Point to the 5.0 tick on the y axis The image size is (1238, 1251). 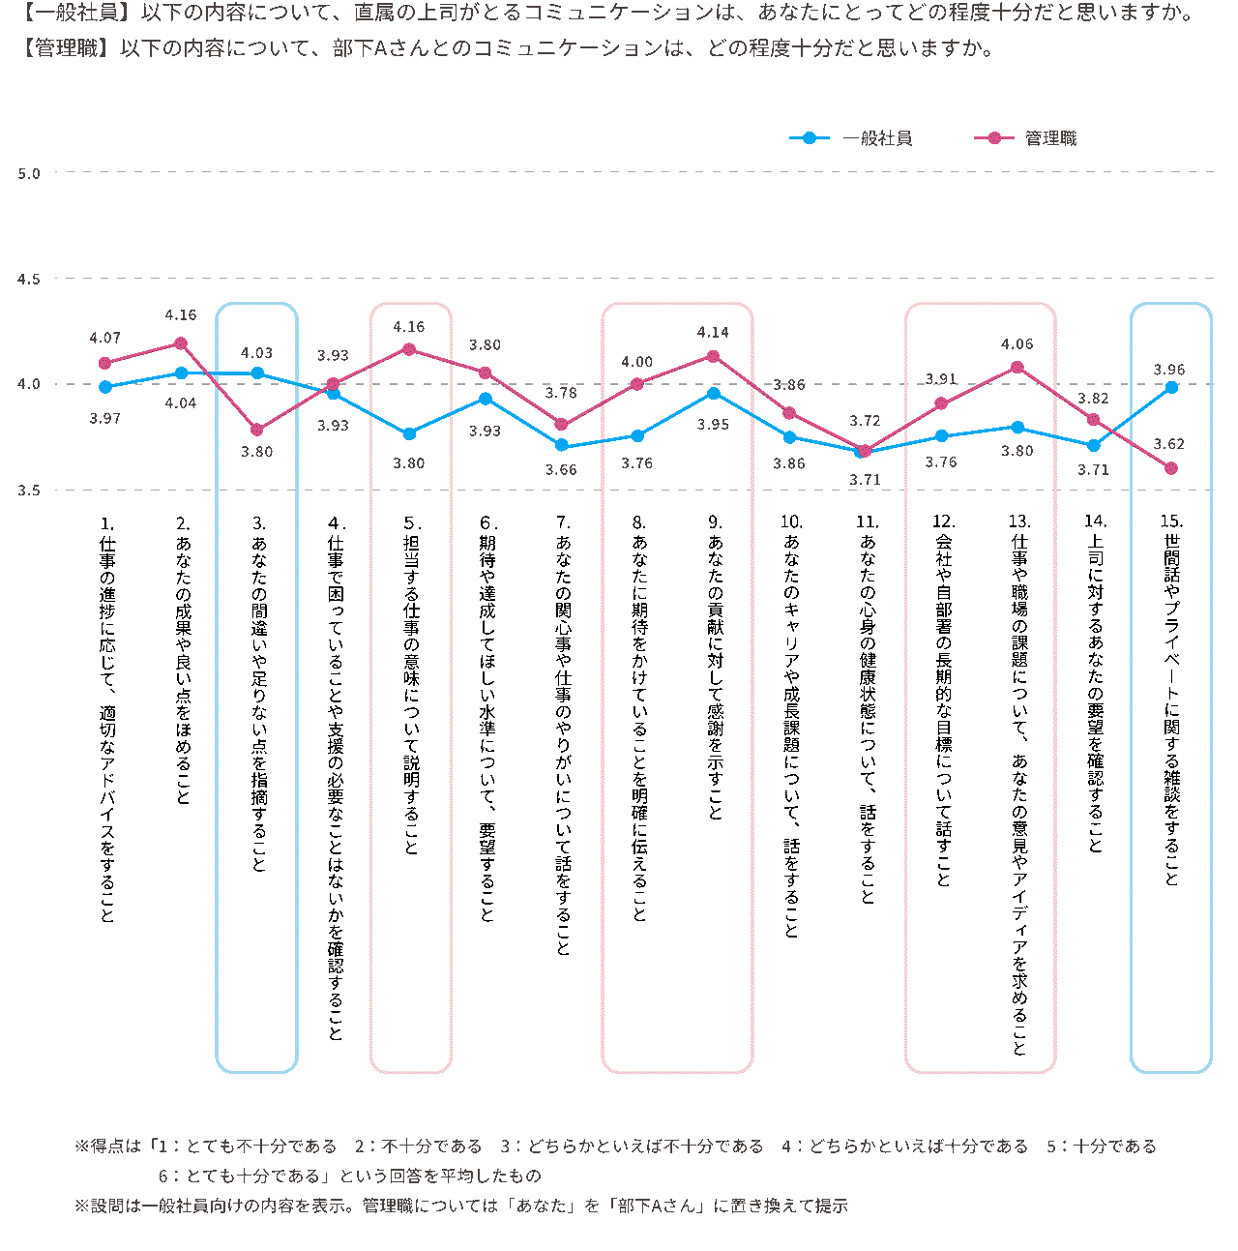(x=29, y=174)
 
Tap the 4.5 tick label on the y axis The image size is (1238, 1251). (x=29, y=280)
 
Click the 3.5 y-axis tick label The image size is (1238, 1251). (x=29, y=491)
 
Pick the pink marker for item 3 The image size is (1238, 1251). (x=257, y=430)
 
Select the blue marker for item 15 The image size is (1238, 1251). (x=1171, y=387)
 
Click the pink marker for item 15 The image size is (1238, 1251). (x=1171, y=468)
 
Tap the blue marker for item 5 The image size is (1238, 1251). (x=409, y=434)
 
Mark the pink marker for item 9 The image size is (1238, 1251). (x=714, y=356)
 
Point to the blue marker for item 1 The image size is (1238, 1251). (x=105, y=387)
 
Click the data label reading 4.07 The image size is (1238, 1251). (x=104, y=338)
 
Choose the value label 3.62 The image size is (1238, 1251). (x=1168, y=444)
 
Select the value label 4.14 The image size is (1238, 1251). (x=713, y=332)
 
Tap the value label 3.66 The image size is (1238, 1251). (x=561, y=470)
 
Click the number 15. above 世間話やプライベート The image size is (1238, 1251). (x=1171, y=521)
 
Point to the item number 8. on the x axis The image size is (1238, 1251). (x=638, y=521)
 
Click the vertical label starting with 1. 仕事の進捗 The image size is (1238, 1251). (x=106, y=721)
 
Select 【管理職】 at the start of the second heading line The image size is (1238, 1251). (x=63, y=48)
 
